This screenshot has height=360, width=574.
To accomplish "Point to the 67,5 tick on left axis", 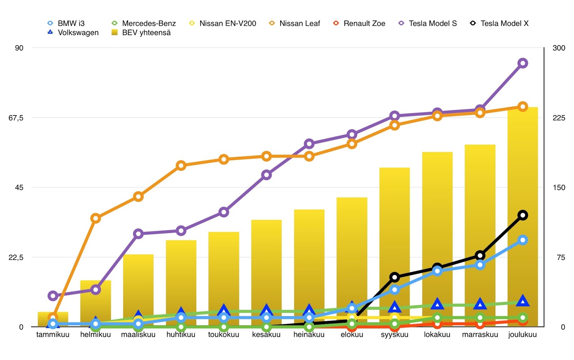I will tap(16, 118).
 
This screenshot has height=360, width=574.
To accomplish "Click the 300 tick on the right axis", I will tap(559, 48).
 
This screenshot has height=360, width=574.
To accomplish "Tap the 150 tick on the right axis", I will tap(559, 188).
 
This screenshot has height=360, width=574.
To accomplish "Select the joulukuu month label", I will tap(522, 335).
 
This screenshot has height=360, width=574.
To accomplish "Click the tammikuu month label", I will tap(53, 335).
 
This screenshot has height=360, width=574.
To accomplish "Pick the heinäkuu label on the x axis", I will tap(309, 335).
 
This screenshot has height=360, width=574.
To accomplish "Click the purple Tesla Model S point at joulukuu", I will tap(523, 63).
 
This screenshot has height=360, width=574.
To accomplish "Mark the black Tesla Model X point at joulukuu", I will tap(523, 215).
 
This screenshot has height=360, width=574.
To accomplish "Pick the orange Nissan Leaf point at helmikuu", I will tap(95, 218).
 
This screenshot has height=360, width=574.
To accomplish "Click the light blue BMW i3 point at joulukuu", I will tap(523, 240).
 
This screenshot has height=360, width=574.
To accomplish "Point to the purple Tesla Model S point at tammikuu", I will tap(53, 296).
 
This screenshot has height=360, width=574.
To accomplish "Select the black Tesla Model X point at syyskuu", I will tap(395, 277).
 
